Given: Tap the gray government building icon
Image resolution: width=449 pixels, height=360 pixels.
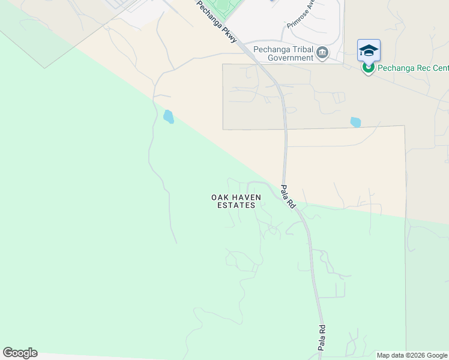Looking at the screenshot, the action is pyautogui.click(x=323, y=53).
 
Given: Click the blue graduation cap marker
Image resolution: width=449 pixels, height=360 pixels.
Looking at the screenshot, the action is pyautogui.click(x=369, y=50).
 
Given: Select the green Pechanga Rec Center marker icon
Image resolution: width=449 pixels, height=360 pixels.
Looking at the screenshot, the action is pyautogui.click(x=368, y=67).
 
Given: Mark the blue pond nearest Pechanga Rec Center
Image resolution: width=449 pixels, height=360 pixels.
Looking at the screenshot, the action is pyautogui.click(x=355, y=122).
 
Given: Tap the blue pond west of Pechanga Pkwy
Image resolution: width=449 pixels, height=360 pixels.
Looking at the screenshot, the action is pyautogui.click(x=168, y=116).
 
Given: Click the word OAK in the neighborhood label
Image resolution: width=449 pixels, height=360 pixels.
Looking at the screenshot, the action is pyautogui.click(x=220, y=197).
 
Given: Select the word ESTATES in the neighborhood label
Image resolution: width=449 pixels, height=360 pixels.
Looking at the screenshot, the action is pyautogui.click(x=236, y=205).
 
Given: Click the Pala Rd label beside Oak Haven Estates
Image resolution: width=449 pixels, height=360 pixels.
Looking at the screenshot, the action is pyautogui.click(x=288, y=196).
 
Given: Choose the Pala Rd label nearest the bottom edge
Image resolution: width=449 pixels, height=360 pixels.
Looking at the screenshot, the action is pyautogui.click(x=322, y=337).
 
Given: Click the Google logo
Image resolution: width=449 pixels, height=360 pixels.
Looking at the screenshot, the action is pyautogui.click(x=20, y=353).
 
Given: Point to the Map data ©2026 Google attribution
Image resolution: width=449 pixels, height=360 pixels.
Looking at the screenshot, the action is pyautogui.click(x=412, y=355).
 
